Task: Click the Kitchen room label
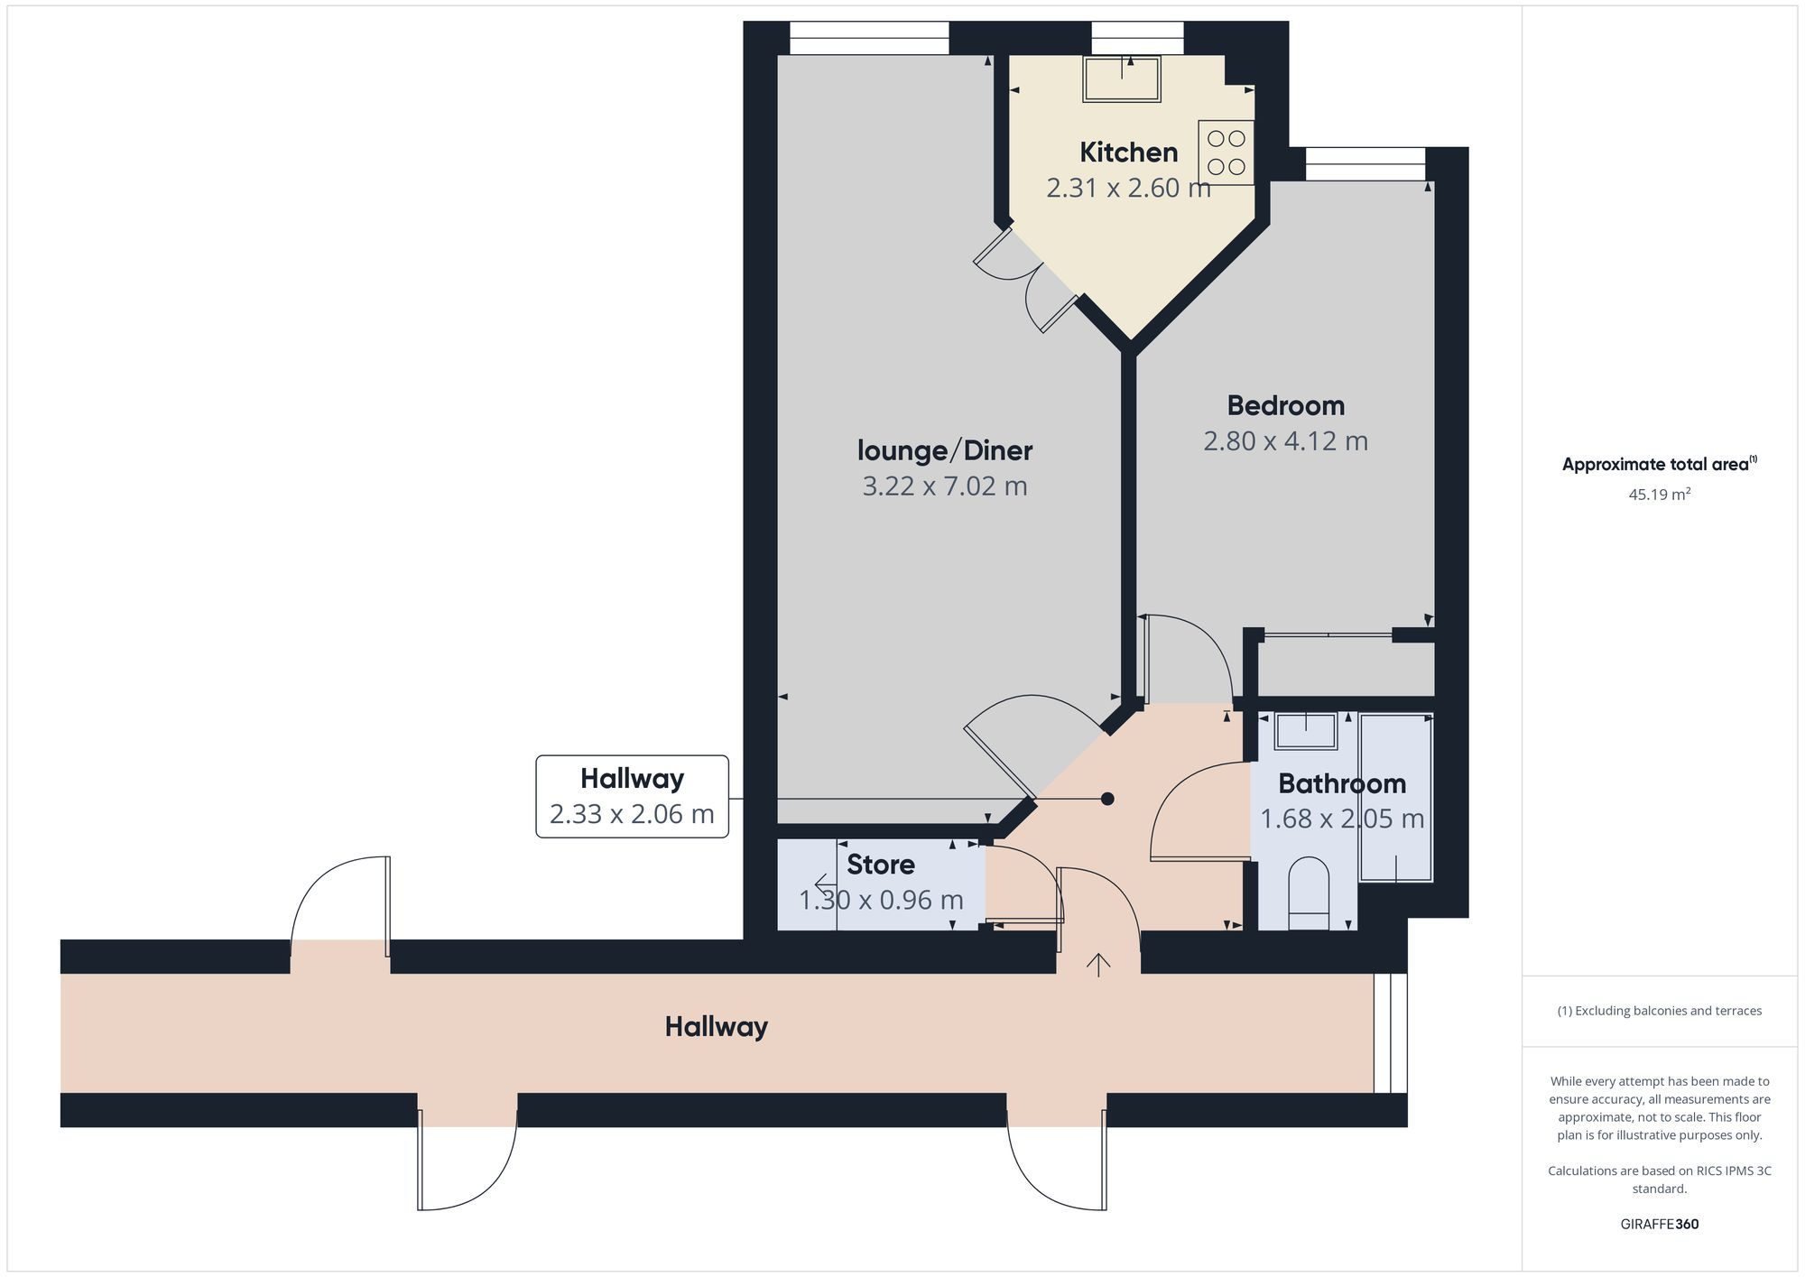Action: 1128,153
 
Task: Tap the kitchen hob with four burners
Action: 1226,153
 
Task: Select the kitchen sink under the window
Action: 1122,79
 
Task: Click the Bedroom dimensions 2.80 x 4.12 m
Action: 1285,441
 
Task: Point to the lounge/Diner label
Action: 944,450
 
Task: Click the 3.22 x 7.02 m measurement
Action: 944,486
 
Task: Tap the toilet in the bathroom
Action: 1309,893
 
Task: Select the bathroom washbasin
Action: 1305,731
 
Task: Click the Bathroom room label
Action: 1341,783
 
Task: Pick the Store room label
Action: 880,865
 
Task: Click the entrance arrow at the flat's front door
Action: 1097,965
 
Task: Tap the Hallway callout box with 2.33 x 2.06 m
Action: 632,796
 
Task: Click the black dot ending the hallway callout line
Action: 1107,799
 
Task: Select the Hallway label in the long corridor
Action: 716,1027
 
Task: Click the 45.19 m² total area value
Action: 1659,495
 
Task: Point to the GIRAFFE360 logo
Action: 1659,1225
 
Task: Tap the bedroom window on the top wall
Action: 1365,164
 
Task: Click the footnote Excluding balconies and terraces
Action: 1659,1011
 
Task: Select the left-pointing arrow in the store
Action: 824,883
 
